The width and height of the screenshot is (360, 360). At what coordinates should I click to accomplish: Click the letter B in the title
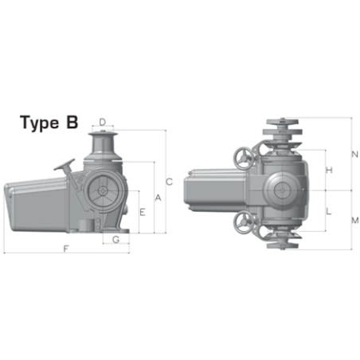pyautogui.click(x=72, y=123)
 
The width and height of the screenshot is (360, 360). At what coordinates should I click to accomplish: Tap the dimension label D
pyautogui.click(x=103, y=122)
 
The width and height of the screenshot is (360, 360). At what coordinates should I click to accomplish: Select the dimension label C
pyautogui.click(x=169, y=181)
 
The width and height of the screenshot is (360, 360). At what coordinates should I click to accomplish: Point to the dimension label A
pyautogui.click(x=158, y=197)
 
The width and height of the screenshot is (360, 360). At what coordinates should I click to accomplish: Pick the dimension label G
pyautogui.click(x=116, y=239)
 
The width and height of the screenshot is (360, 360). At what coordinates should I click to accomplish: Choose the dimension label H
pyautogui.click(x=329, y=170)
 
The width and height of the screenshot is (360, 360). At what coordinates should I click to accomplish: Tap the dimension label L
pyautogui.click(x=329, y=211)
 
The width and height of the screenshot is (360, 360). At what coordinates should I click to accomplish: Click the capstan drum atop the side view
pyautogui.click(x=103, y=144)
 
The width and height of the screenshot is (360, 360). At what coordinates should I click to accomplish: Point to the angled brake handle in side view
pyautogui.click(x=65, y=168)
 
